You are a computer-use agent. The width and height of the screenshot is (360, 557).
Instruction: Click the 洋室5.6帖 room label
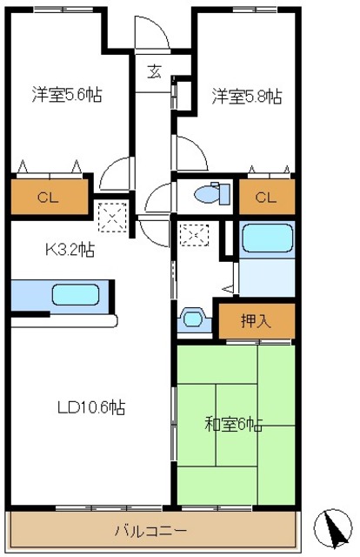pos(68,95)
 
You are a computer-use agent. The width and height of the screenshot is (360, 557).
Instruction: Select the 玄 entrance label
pos(153,72)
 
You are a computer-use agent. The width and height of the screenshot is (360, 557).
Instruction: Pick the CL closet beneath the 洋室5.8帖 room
pos(265,197)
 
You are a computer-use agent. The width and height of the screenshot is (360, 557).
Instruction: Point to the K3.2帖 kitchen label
pos(70,251)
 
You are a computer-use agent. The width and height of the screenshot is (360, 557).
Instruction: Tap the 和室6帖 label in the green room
pos(234,426)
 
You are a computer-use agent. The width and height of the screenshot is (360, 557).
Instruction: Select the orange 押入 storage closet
pos(256,319)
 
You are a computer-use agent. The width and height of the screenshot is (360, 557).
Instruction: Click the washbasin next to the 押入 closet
pos(192,319)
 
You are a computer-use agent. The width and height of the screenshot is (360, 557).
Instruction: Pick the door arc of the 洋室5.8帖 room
pos(190,155)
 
